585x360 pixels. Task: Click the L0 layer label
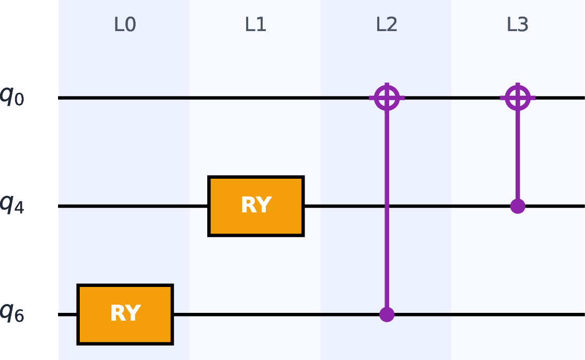point(125,25)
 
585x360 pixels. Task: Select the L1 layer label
point(255,25)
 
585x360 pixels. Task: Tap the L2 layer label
point(387,25)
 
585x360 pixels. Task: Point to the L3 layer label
point(518,25)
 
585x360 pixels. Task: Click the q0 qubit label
point(12,96)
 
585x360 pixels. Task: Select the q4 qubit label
point(12,205)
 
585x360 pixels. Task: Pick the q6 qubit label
point(12,313)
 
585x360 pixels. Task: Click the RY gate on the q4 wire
point(256,206)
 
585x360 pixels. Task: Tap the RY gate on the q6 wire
point(125,314)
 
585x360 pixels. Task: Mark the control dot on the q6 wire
point(387,314)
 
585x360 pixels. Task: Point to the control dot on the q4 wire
point(518,206)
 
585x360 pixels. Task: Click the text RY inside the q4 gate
point(256,205)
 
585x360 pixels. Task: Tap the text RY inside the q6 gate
point(126,313)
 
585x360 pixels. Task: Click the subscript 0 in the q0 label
point(19,100)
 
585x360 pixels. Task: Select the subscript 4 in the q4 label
point(19,208)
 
